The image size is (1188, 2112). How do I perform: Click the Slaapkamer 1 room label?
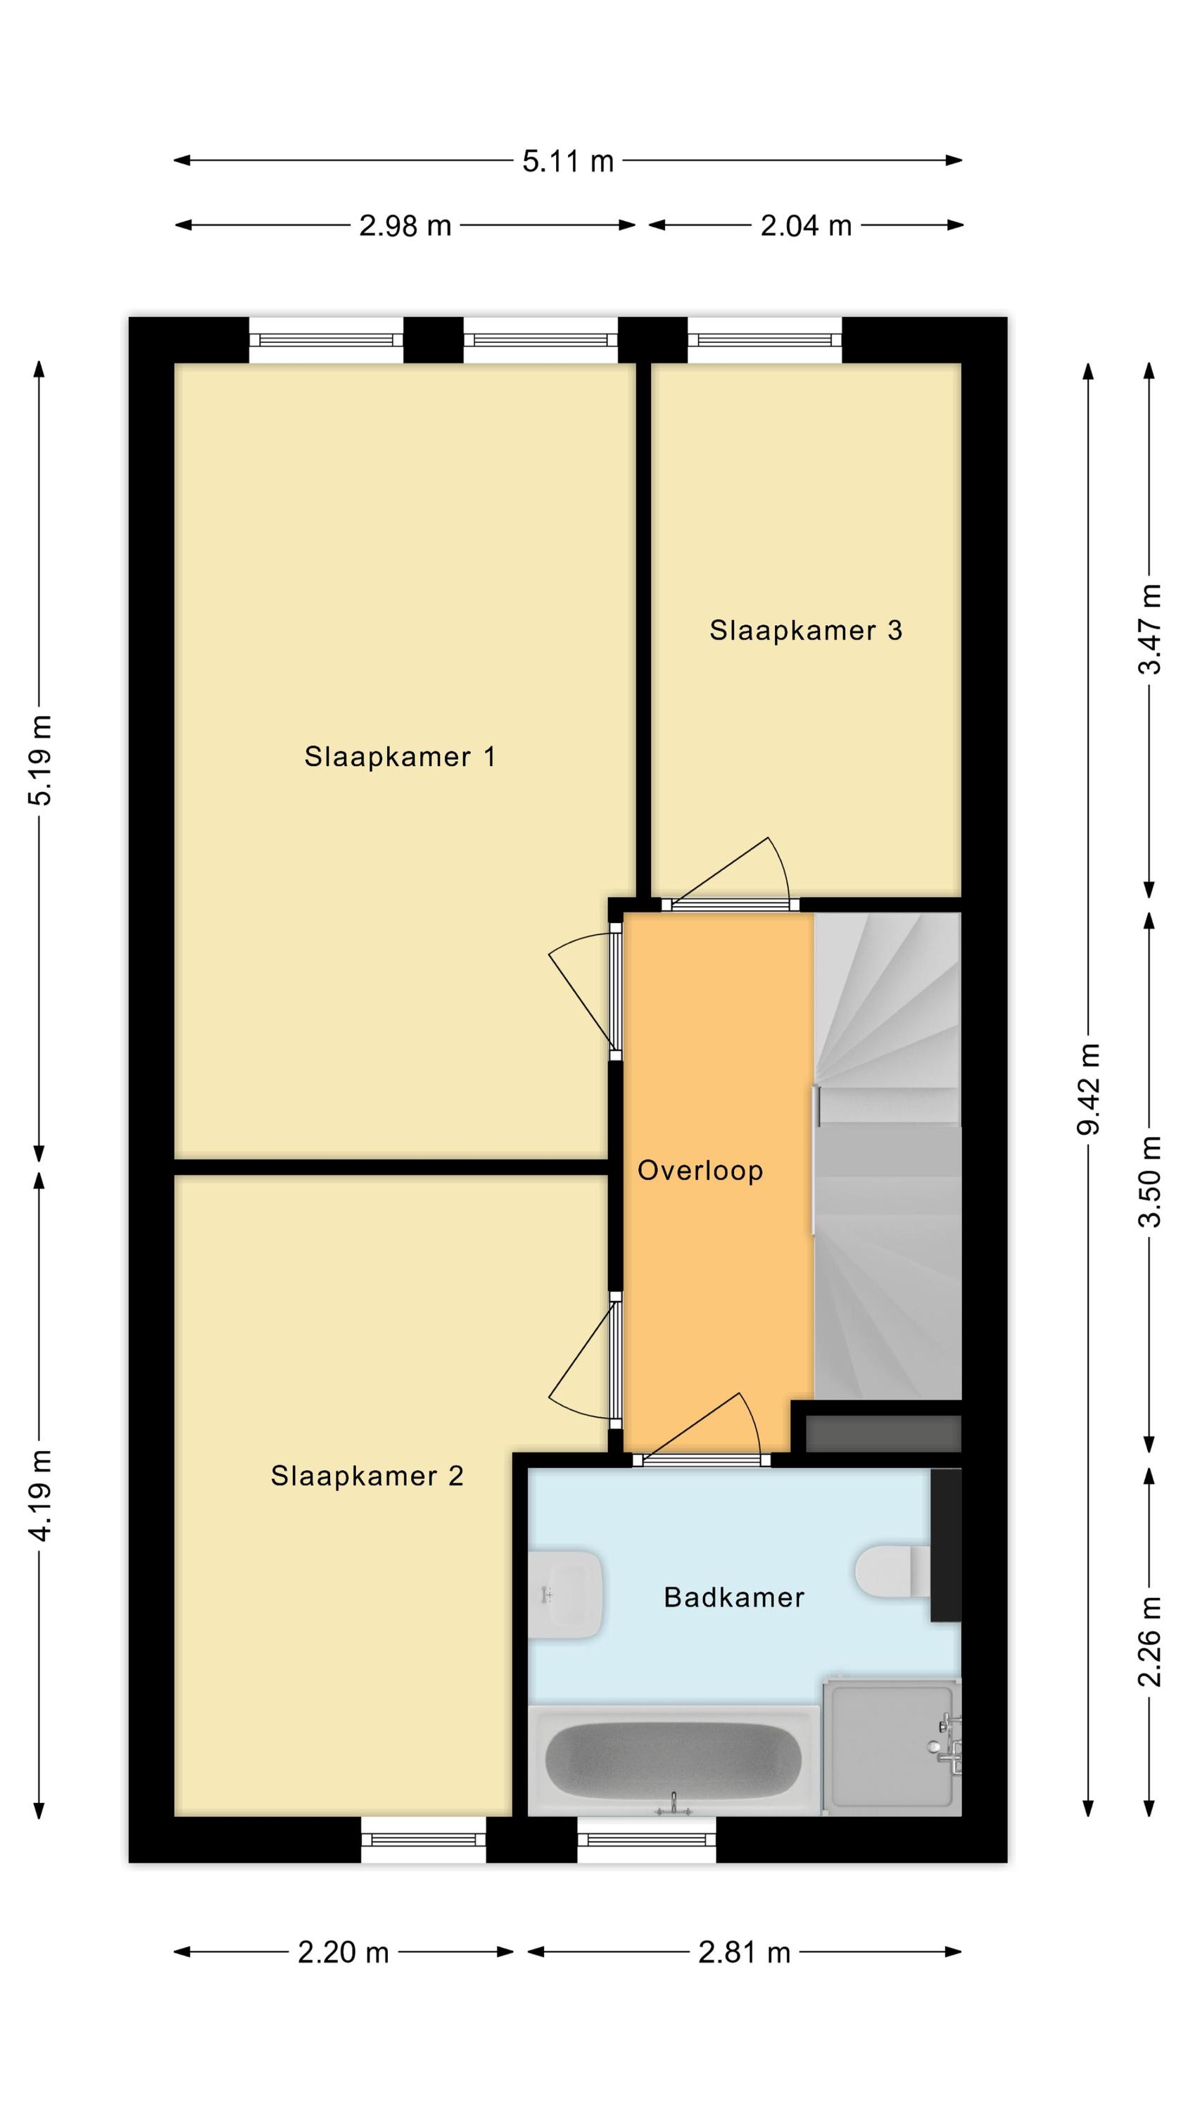(x=399, y=756)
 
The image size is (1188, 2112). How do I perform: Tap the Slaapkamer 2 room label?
(x=367, y=1476)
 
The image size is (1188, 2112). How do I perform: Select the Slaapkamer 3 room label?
(x=805, y=629)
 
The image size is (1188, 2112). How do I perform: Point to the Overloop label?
(x=700, y=1171)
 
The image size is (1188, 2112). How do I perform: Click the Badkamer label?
(x=734, y=1597)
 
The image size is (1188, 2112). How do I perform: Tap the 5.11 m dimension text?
(x=568, y=161)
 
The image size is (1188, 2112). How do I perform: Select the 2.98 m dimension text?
(x=405, y=225)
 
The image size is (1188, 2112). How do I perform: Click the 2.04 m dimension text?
(x=806, y=225)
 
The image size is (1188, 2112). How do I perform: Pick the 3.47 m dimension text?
(x=1149, y=629)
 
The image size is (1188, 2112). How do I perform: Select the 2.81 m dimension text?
(x=744, y=1953)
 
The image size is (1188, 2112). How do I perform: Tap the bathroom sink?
(x=565, y=1594)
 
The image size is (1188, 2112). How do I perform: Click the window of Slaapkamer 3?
(x=764, y=339)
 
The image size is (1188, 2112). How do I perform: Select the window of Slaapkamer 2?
(x=423, y=1839)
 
